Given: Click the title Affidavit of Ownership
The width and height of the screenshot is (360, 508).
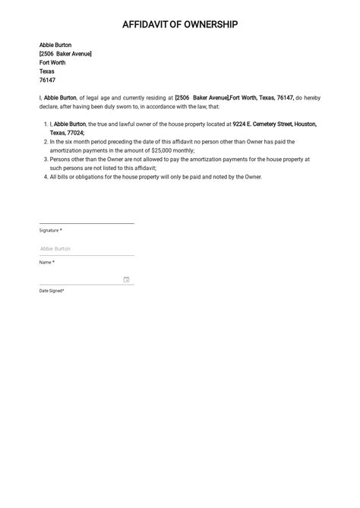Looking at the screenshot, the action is (180, 25).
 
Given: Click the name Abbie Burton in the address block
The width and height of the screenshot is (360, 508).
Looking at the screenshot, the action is (55, 45).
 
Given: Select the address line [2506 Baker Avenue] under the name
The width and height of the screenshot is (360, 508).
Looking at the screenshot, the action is (65, 54).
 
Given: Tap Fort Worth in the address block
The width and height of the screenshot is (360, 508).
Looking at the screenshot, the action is (52, 63).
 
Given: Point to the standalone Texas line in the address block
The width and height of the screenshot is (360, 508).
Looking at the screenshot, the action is (47, 71).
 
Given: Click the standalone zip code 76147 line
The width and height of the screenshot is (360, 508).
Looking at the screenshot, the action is (47, 80).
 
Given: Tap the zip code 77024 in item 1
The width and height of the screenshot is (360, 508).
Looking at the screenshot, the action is (73, 133).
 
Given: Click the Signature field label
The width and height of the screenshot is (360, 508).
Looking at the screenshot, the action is (50, 230).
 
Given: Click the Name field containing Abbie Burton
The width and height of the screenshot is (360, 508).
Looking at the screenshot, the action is (87, 248).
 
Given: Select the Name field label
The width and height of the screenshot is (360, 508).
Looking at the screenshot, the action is (46, 262).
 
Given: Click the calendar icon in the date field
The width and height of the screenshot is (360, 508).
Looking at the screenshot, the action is (126, 279).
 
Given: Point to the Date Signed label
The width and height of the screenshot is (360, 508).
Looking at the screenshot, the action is (52, 291).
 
